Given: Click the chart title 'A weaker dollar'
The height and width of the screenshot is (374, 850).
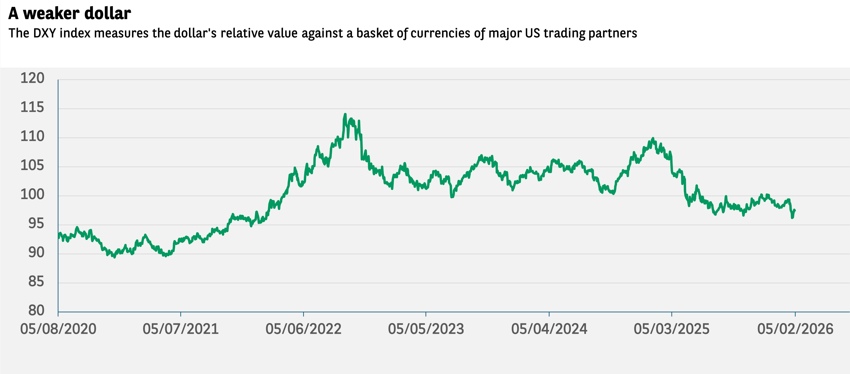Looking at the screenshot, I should [x=70, y=14].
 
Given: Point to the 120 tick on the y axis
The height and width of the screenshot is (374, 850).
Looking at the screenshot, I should [x=32, y=78].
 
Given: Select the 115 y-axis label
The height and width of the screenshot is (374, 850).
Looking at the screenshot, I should [x=32, y=107].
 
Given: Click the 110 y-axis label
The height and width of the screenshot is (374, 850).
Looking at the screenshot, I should [x=32, y=136].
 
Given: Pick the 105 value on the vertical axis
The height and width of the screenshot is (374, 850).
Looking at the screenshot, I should [x=32, y=165].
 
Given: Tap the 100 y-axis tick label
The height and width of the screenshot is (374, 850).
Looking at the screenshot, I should [x=32, y=194].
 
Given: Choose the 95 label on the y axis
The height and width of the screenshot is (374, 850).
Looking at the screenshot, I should [x=36, y=224].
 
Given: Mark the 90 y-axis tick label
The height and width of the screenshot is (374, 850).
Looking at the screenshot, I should [x=36, y=253].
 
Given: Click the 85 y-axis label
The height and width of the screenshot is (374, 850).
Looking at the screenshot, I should [x=36, y=282].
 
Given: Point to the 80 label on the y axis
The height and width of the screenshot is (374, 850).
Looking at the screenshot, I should [x=36, y=311].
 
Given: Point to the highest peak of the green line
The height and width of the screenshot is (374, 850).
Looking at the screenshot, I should [x=345, y=114].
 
